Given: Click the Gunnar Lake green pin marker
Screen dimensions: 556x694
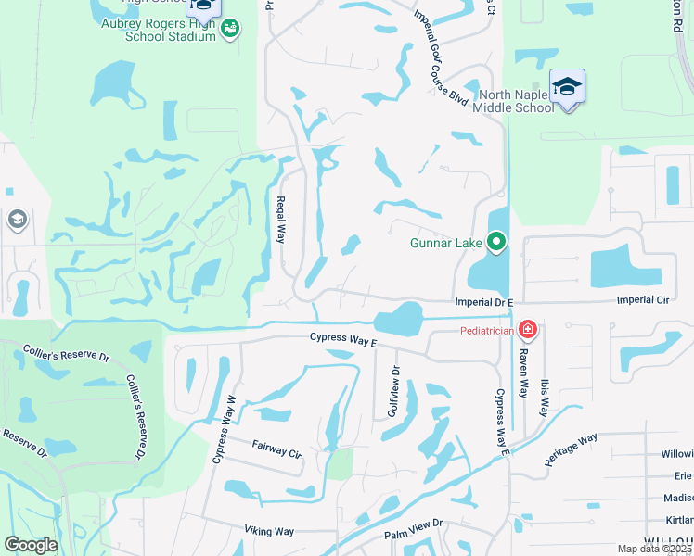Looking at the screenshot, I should [496, 242].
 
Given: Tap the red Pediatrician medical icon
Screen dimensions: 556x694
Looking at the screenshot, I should [527, 329].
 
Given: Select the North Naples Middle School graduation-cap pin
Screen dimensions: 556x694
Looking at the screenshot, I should [567, 88].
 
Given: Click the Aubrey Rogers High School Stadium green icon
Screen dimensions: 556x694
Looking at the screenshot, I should [229, 30].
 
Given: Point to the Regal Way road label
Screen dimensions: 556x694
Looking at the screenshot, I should [280, 220].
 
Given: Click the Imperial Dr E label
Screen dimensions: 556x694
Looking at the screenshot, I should [483, 302].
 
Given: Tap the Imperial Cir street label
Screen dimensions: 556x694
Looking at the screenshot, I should [642, 301].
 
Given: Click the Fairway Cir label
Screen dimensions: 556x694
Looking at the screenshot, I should [277, 450].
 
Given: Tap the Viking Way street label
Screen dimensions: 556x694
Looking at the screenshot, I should [269, 531].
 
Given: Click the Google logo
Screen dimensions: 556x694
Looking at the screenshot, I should [31, 545].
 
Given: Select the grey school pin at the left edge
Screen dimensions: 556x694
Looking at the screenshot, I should [16, 220].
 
